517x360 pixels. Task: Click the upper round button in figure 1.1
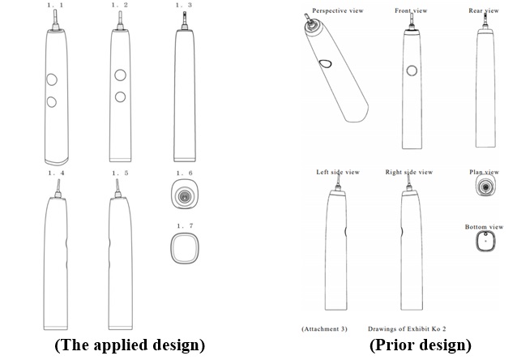click(52, 79)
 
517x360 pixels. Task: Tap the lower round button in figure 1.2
click(121, 97)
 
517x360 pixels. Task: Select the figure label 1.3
click(184, 5)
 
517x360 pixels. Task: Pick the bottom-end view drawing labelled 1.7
click(185, 248)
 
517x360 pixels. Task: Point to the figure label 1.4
click(57, 173)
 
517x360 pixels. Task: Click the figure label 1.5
click(120, 173)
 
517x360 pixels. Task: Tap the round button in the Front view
click(412, 71)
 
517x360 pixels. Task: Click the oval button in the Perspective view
click(325, 63)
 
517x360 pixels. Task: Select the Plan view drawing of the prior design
click(485, 185)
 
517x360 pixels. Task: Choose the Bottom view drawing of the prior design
click(485, 241)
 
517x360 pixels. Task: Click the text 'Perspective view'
click(338, 11)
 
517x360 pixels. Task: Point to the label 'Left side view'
click(338, 172)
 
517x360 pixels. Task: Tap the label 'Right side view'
click(409, 172)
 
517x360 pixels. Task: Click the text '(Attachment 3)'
click(324, 328)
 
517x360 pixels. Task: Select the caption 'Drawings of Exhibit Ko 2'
click(407, 328)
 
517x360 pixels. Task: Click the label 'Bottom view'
click(484, 227)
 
